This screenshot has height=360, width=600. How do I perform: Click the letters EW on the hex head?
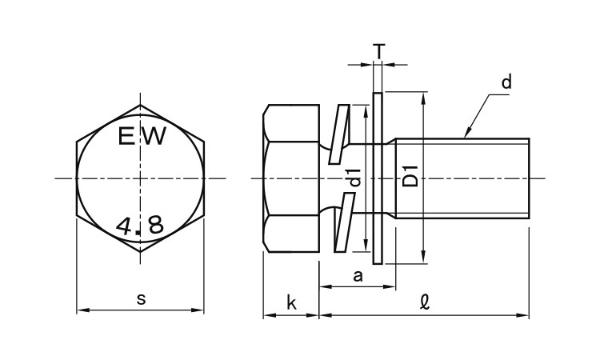point(141,137)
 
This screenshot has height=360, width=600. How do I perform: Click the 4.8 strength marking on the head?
point(139,225)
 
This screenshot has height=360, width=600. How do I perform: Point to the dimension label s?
point(141,299)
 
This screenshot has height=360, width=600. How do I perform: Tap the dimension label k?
point(291,303)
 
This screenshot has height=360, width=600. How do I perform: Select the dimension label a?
point(358,277)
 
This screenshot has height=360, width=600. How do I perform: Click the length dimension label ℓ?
point(425,303)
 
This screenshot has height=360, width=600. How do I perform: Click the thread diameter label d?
point(506,82)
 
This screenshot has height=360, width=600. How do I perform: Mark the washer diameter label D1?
point(410,178)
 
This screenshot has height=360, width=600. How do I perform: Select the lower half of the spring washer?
point(340,228)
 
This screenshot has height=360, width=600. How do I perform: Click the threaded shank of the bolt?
point(464,178)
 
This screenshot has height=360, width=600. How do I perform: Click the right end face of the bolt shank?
point(529,178)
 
